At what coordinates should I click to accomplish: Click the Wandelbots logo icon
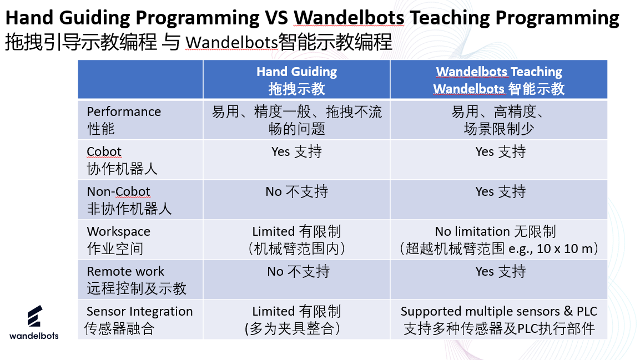click(35, 316)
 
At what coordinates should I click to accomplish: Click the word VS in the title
click(276, 18)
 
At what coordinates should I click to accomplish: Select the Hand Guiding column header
click(297, 80)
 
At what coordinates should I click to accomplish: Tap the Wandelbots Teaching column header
click(499, 80)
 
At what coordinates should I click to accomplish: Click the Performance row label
click(124, 120)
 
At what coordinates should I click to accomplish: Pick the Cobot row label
click(122, 160)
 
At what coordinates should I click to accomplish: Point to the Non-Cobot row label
click(129, 200)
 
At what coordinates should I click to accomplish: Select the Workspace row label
click(118, 240)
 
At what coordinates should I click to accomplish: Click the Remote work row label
click(137, 280)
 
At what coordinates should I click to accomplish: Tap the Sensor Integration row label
click(139, 320)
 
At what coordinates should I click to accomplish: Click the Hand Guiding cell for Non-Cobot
click(297, 191)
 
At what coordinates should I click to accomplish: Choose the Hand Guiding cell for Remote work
click(299, 272)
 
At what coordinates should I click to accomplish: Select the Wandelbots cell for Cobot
click(501, 151)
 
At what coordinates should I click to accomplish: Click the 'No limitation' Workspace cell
click(499, 240)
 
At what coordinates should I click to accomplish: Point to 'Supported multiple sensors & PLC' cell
click(499, 320)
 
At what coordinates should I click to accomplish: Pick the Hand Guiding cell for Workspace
click(297, 240)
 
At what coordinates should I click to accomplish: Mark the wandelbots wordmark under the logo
click(34, 336)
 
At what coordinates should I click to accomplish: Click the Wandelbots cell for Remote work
click(501, 272)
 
